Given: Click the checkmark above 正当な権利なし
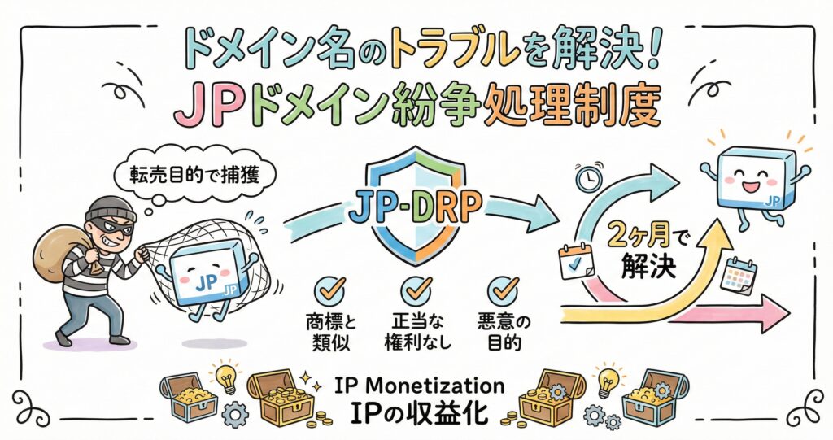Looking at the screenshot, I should click(416, 288).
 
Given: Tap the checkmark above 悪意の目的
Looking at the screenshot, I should click(502, 288).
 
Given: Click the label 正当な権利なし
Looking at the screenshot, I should click(416, 330).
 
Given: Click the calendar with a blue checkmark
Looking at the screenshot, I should click(576, 261).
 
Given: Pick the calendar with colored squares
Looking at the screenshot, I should click(741, 276).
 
